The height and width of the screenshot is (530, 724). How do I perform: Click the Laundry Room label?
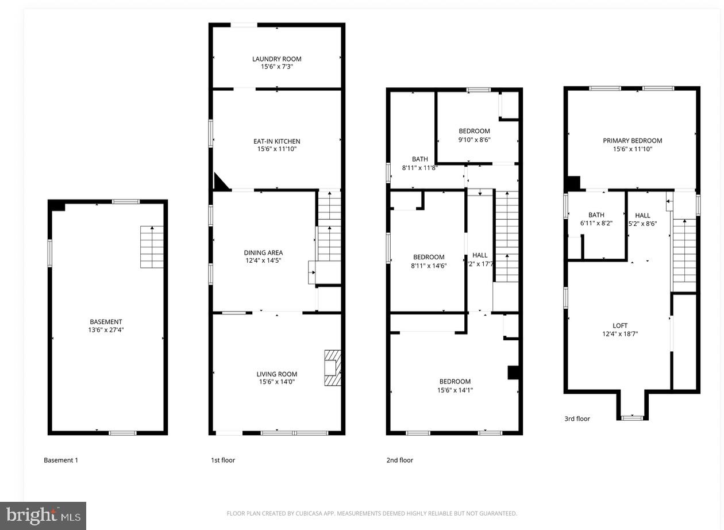pos(276,59)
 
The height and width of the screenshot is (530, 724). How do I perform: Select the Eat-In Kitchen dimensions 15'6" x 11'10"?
pos(276,149)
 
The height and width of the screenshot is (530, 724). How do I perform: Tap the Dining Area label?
pos(263,252)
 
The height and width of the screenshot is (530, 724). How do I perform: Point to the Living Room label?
pos(276,374)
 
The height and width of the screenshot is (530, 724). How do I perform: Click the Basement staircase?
pos(152,247)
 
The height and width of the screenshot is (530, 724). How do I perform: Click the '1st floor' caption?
pos(222,460)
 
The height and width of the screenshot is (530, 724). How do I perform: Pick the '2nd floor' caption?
pos(399,460)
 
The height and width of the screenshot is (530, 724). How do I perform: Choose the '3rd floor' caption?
pos(577,418)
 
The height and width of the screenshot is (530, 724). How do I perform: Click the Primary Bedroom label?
pos(632,140)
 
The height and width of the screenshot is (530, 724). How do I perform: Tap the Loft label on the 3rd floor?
pos(620,325)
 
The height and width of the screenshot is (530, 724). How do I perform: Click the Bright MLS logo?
pos(43,516)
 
